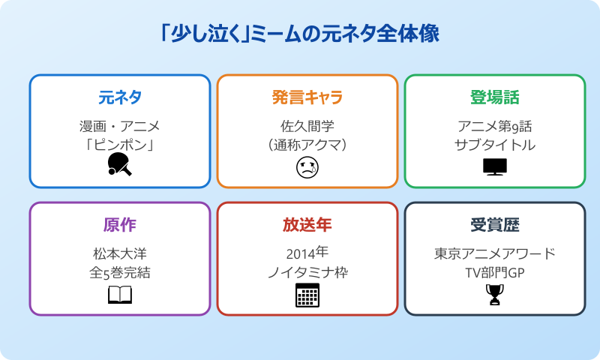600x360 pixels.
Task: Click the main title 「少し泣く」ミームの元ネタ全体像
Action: pos(300,34)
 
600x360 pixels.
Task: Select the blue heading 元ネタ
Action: pos(120,97)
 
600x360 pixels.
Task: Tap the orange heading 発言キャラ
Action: pos(307,97)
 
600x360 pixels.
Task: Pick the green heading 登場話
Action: pos(495,97)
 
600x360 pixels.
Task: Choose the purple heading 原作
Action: pos(120,225)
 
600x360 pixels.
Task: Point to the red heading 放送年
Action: pos(307,225)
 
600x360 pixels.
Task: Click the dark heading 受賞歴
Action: pos(495,225)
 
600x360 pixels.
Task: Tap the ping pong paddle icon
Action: pos(120,165)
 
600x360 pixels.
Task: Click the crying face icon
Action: pos(307,167)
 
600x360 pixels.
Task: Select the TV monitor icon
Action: pos(495,166)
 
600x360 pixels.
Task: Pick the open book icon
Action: pos(120,295)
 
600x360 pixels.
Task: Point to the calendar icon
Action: pos(307,295)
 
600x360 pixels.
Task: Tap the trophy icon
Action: pos(495,295)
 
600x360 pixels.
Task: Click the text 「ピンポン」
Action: pos(120,145)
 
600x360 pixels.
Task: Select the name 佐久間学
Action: pos(307,126)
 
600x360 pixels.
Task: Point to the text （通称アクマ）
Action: pos(307,145)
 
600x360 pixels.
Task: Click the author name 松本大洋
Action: pos(120,253)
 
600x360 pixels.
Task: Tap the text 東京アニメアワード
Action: pos(495,253)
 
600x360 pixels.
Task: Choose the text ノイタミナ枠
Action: pos(307,273)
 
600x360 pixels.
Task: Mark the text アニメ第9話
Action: pos(495,126)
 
